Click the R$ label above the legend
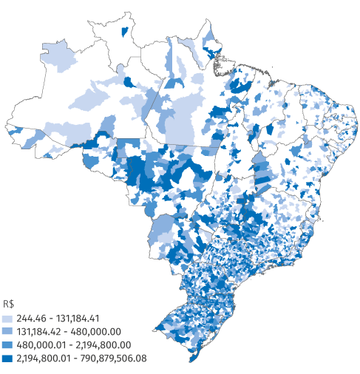click(9, 304)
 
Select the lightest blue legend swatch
click(8, 317)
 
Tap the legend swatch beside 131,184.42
click(8, 331)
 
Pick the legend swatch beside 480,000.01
click(8, 344)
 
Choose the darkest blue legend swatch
click(8, 358)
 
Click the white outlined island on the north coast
click(220, 69)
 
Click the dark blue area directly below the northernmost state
click(129, 83)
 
